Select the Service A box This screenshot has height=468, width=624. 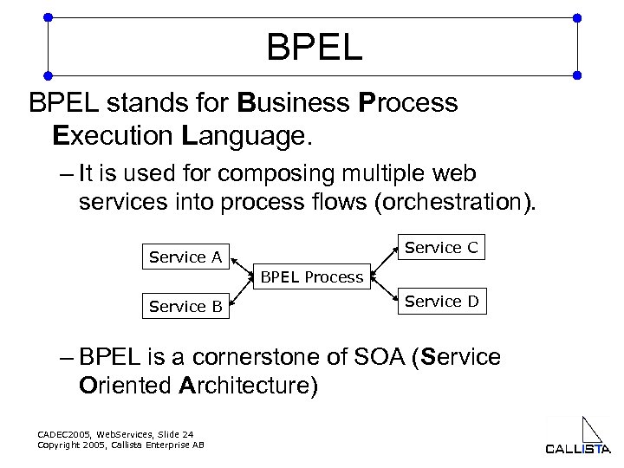tap(185, 257)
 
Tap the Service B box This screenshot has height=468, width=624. tap(185, 306)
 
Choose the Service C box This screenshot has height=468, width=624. tap(441, 247)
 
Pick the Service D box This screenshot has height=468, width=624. tap(441, 301)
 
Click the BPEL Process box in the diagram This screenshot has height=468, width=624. tap(311, 276)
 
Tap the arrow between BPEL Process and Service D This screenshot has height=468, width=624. tap(385, 290)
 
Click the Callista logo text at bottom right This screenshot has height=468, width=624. tap(578, 448)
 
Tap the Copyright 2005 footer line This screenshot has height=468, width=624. tap(120, 445)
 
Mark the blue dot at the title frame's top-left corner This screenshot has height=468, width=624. tap(48, 17)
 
